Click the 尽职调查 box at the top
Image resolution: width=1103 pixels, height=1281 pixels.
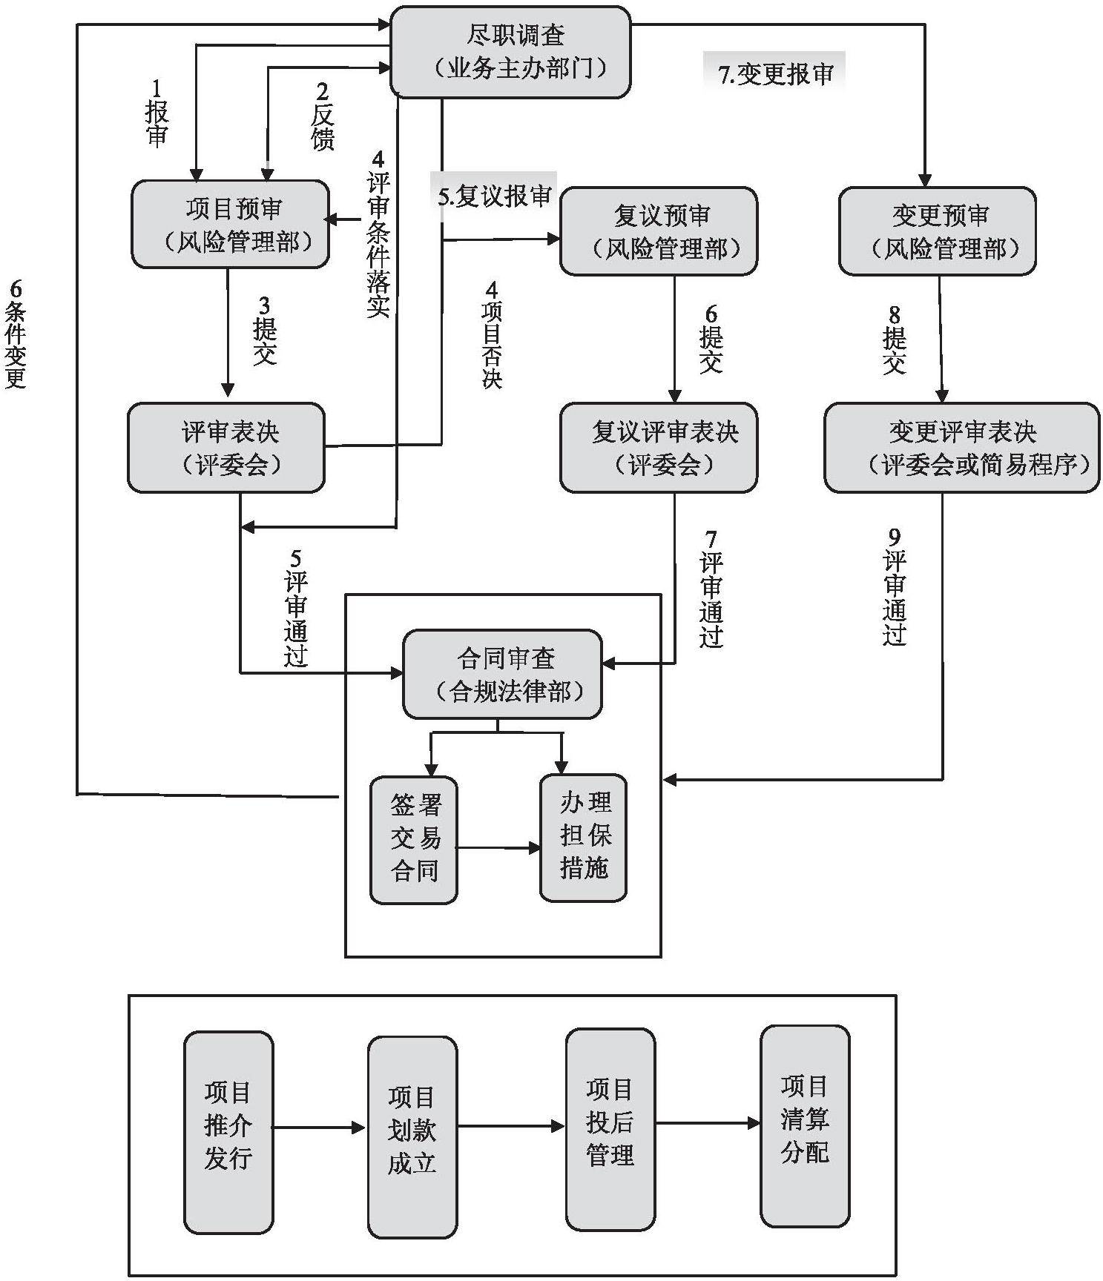coord(510,52)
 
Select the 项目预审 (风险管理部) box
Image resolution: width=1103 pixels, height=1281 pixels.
coord(230,224)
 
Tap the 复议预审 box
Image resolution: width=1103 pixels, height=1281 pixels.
coord(658,231)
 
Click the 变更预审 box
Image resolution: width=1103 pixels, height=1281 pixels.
coord(937,231)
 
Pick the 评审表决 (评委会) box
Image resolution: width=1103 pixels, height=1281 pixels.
coord(226,447)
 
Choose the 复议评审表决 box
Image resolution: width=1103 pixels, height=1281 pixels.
coord(658,447)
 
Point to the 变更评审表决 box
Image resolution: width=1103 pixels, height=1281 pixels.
coord(961,447)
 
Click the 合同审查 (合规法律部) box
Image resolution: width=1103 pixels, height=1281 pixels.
coord(502,674)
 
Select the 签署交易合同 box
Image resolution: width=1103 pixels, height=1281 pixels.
coord(414,839)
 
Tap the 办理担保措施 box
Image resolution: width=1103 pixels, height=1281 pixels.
coord(584,838)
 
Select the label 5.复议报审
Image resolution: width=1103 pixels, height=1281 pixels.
coord(494,196)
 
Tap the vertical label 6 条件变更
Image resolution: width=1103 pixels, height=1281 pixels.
coord(16,334)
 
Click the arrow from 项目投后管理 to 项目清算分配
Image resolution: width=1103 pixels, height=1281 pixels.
coord(708,1123)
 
